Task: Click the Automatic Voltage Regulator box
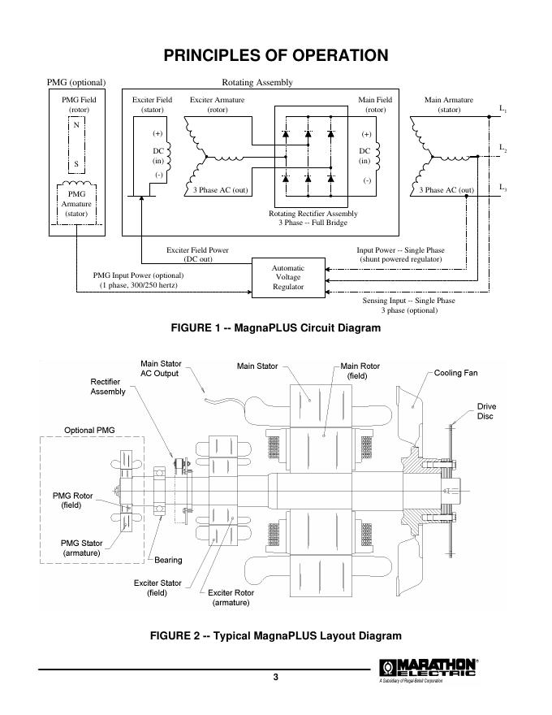click(x=289, y=277)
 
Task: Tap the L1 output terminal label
click(x=503, y=108)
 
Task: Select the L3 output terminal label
click(x=503, y=188)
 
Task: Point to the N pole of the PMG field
click(x=76, y=125)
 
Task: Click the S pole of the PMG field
click(x=76, y=163)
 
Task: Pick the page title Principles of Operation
click(x=276, y=55)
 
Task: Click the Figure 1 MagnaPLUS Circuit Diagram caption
click(x=275, y=328)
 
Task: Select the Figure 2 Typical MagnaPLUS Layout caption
click(x=276, y=635)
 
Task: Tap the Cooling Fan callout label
click(x=456, y=373)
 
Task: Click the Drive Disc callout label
click(x=486, y=411)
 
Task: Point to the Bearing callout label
click(x=169, y=560)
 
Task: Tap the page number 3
click(x=276, y=678)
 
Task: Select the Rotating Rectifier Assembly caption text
click(x=313, y=218)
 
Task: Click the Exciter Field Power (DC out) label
click(x=198, y=254)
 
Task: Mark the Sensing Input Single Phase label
click(x=408, y=305)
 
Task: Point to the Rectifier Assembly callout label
click(x=108, y=386)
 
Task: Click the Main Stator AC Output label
click(x=160, y=369)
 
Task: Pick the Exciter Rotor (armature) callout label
click(x=231, y=597)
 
